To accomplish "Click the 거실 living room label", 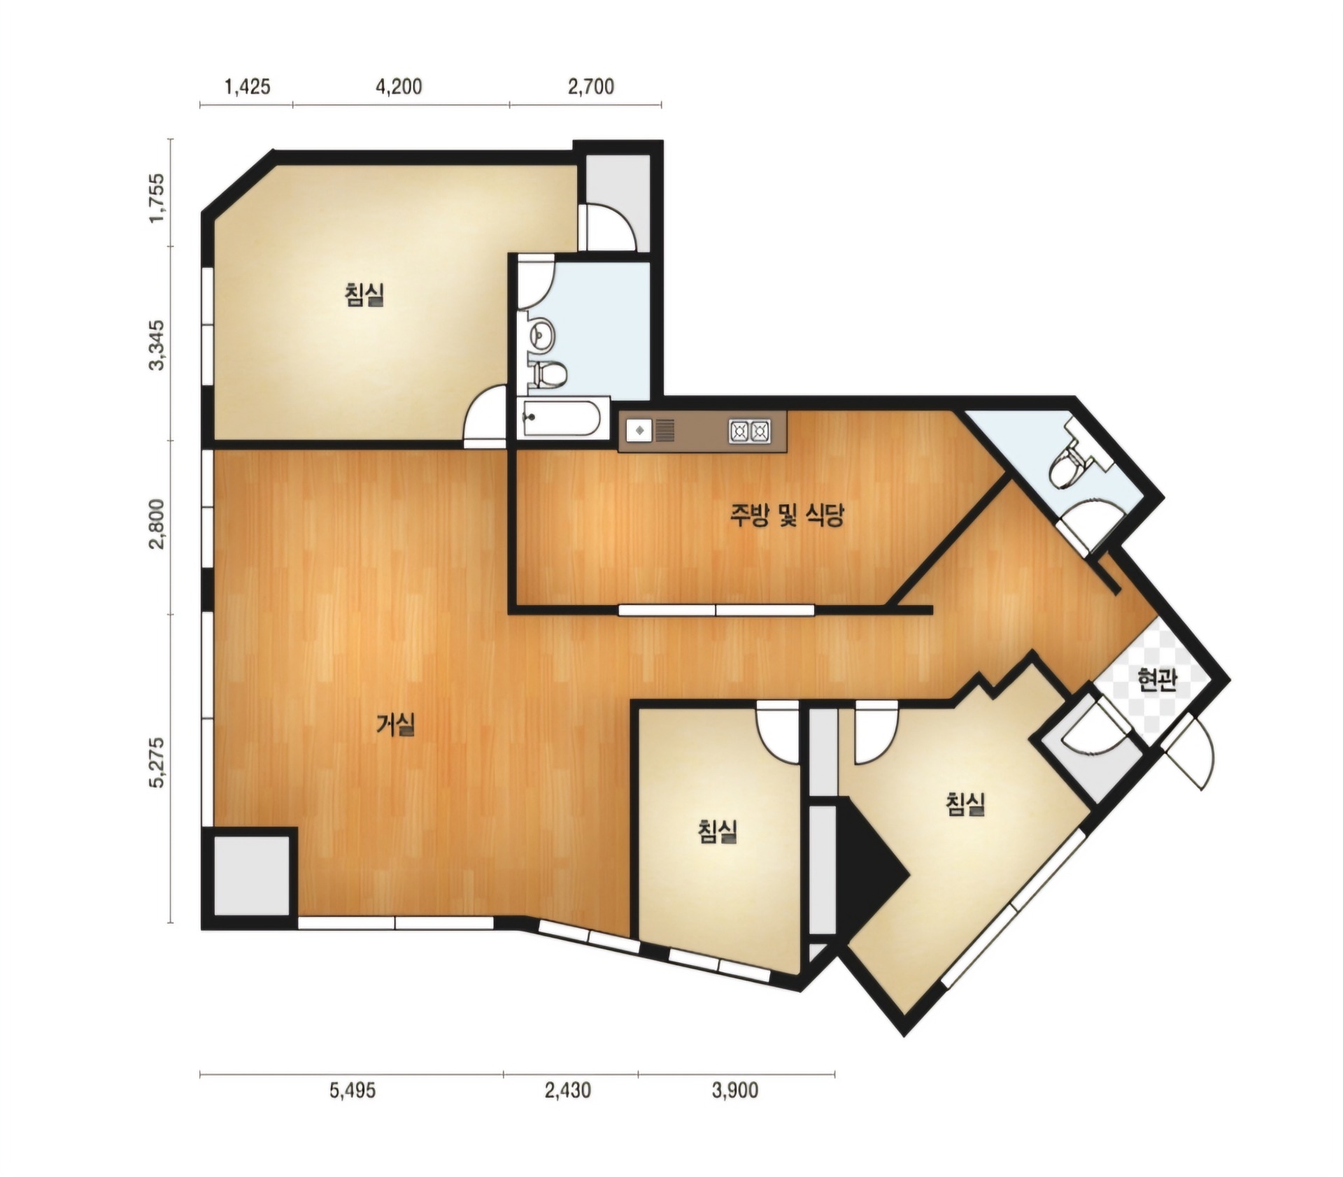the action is tap(396, 725).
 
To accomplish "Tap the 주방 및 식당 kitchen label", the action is tap(788, 515).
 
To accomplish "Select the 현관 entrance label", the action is tap(1156, 680).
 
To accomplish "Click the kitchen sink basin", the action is tap(639, 430).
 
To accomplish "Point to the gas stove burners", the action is tap(750, 431).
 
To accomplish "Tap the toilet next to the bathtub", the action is tap(548, 375).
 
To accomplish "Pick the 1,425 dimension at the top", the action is tap(247, 87).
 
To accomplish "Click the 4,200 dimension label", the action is tap(399, 87).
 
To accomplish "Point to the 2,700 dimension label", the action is tap(591, 87).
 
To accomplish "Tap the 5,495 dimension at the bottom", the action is tap(353, 1090).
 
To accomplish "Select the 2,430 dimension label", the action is tap(568, 1090).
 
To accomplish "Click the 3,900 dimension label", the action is tap(735, 1090).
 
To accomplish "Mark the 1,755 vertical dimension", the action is tap(158, 197).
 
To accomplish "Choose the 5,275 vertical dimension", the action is tap(158, 763).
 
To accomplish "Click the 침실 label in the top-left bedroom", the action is tap(364, 294).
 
